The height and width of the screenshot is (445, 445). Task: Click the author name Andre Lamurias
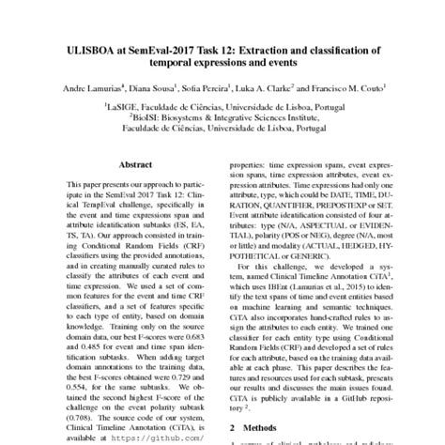click(107, 91)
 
